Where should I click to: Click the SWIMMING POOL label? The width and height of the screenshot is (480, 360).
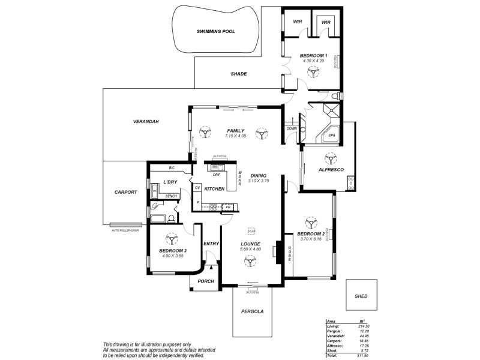pyautogui.click(x=216, y=31)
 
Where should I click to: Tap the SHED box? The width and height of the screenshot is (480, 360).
pyautogui.click(x=361, y=296)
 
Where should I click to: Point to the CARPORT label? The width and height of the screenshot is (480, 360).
pyautogui.click(x=126, y=192)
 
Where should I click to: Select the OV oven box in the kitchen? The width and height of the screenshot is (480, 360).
pyautogui.click(x=197, y=187)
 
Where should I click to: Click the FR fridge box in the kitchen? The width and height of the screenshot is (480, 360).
pyautogui.click(x=228, y=207)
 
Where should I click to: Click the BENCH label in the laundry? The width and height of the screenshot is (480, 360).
pyautogui.click(x=170, y=196)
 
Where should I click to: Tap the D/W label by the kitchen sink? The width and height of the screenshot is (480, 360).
pyautogui.click(x=216, y=175)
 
